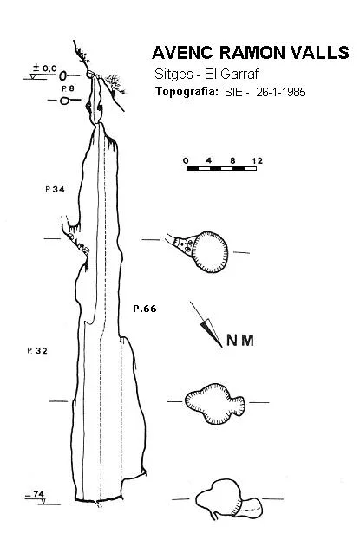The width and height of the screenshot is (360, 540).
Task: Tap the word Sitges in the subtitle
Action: [173, 75]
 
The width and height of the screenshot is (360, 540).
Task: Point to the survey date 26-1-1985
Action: [281, 92]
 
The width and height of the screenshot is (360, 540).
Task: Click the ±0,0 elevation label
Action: [44, 68]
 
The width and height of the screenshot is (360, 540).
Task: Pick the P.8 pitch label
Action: [68, 88]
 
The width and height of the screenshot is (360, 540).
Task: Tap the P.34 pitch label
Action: [55, 189]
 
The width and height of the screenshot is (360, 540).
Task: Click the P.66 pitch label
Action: [145, 309]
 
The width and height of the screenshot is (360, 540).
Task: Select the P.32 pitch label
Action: [37, 350]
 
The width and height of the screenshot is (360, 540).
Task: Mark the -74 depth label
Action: [36, 494]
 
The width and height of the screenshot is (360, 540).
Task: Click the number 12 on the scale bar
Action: [257, 161]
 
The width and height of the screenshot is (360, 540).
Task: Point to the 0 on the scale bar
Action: [187, 161]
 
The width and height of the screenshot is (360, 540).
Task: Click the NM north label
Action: [240, 341]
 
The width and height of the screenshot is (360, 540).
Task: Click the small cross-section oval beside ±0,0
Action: [62, 75]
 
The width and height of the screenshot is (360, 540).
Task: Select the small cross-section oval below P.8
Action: [64, 101]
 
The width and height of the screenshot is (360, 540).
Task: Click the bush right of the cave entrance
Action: [114, 84]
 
